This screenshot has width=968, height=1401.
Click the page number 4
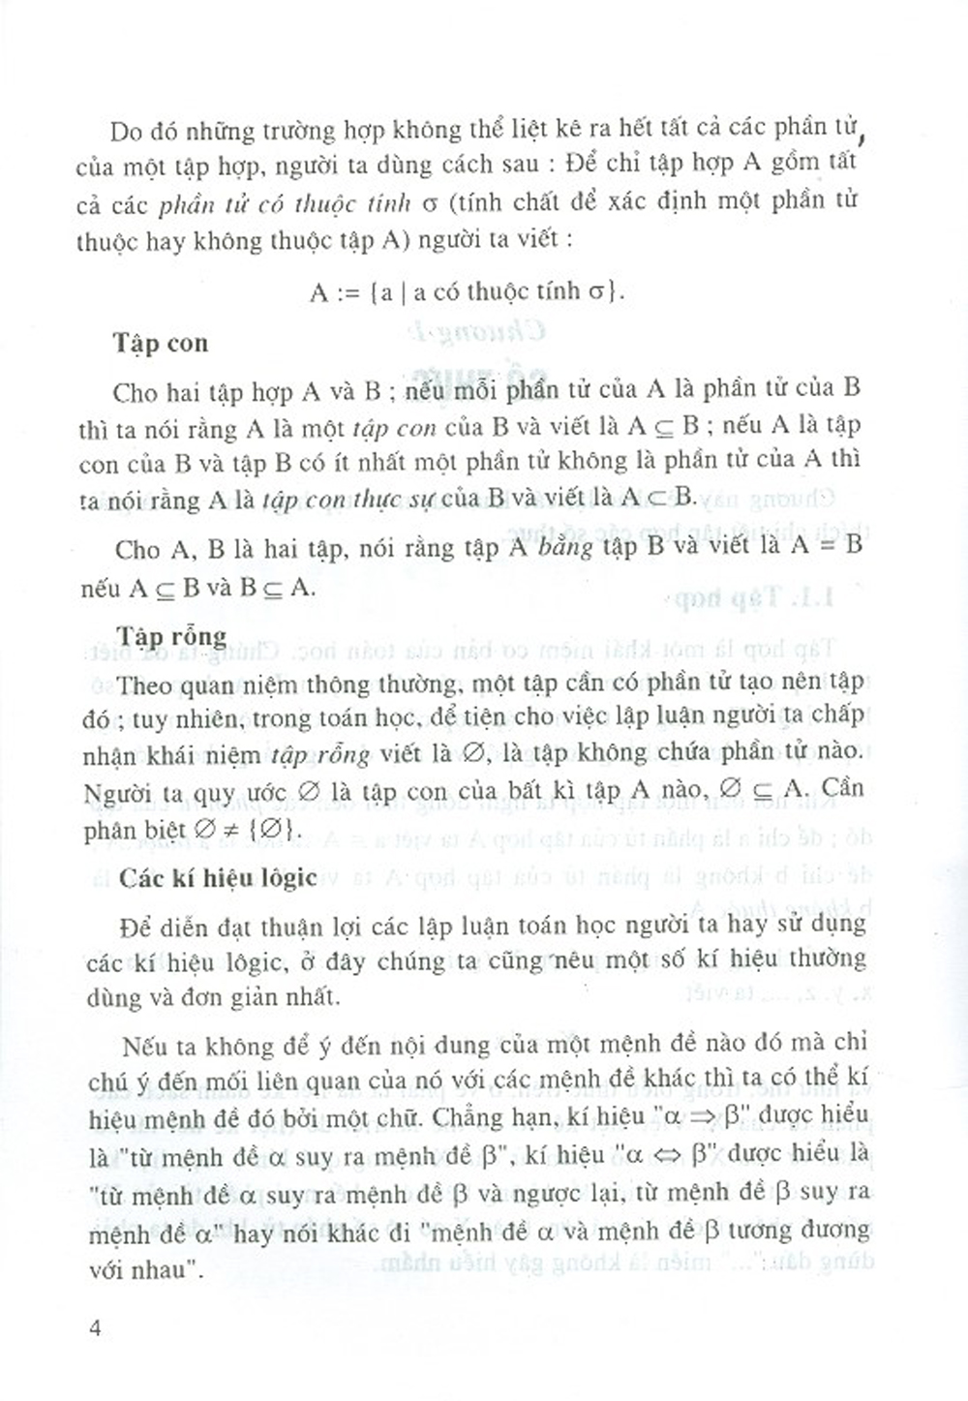pos(94,1326)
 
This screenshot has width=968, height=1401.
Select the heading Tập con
pos(160,344)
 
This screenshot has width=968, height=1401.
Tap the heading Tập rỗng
pos(171,637)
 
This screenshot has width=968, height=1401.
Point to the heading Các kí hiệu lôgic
pos(219,877)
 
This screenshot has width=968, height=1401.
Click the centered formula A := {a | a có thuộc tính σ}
pos(467,290)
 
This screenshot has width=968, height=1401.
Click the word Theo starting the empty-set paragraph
pos(143,685)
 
